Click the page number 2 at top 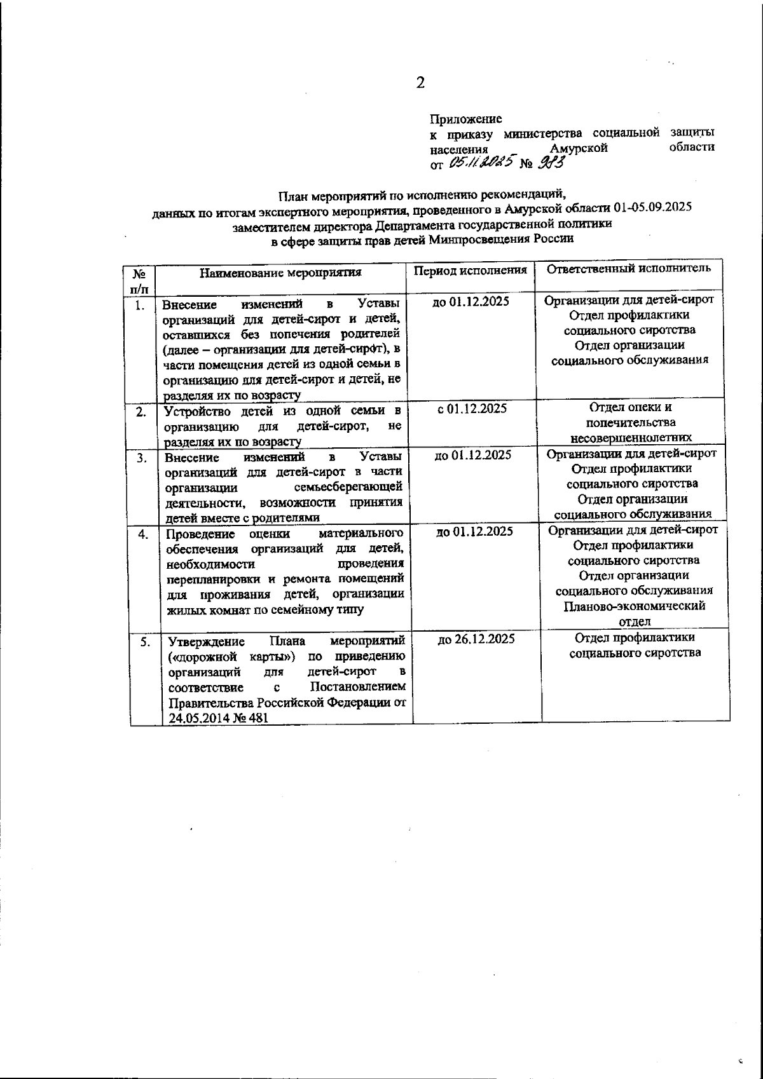tap(419, 83)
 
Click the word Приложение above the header tap(466, 119)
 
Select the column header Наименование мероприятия tap(280, 273)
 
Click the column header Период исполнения tap(471, 270)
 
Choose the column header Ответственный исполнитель tap(629, 268)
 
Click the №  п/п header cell tap(140, 280)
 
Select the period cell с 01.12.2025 tap(472, 409)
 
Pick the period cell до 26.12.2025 tap(476, 639)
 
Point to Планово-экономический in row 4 tap(634, 606)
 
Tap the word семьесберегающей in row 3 tap(349, 488)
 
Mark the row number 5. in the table tap(145, 642)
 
